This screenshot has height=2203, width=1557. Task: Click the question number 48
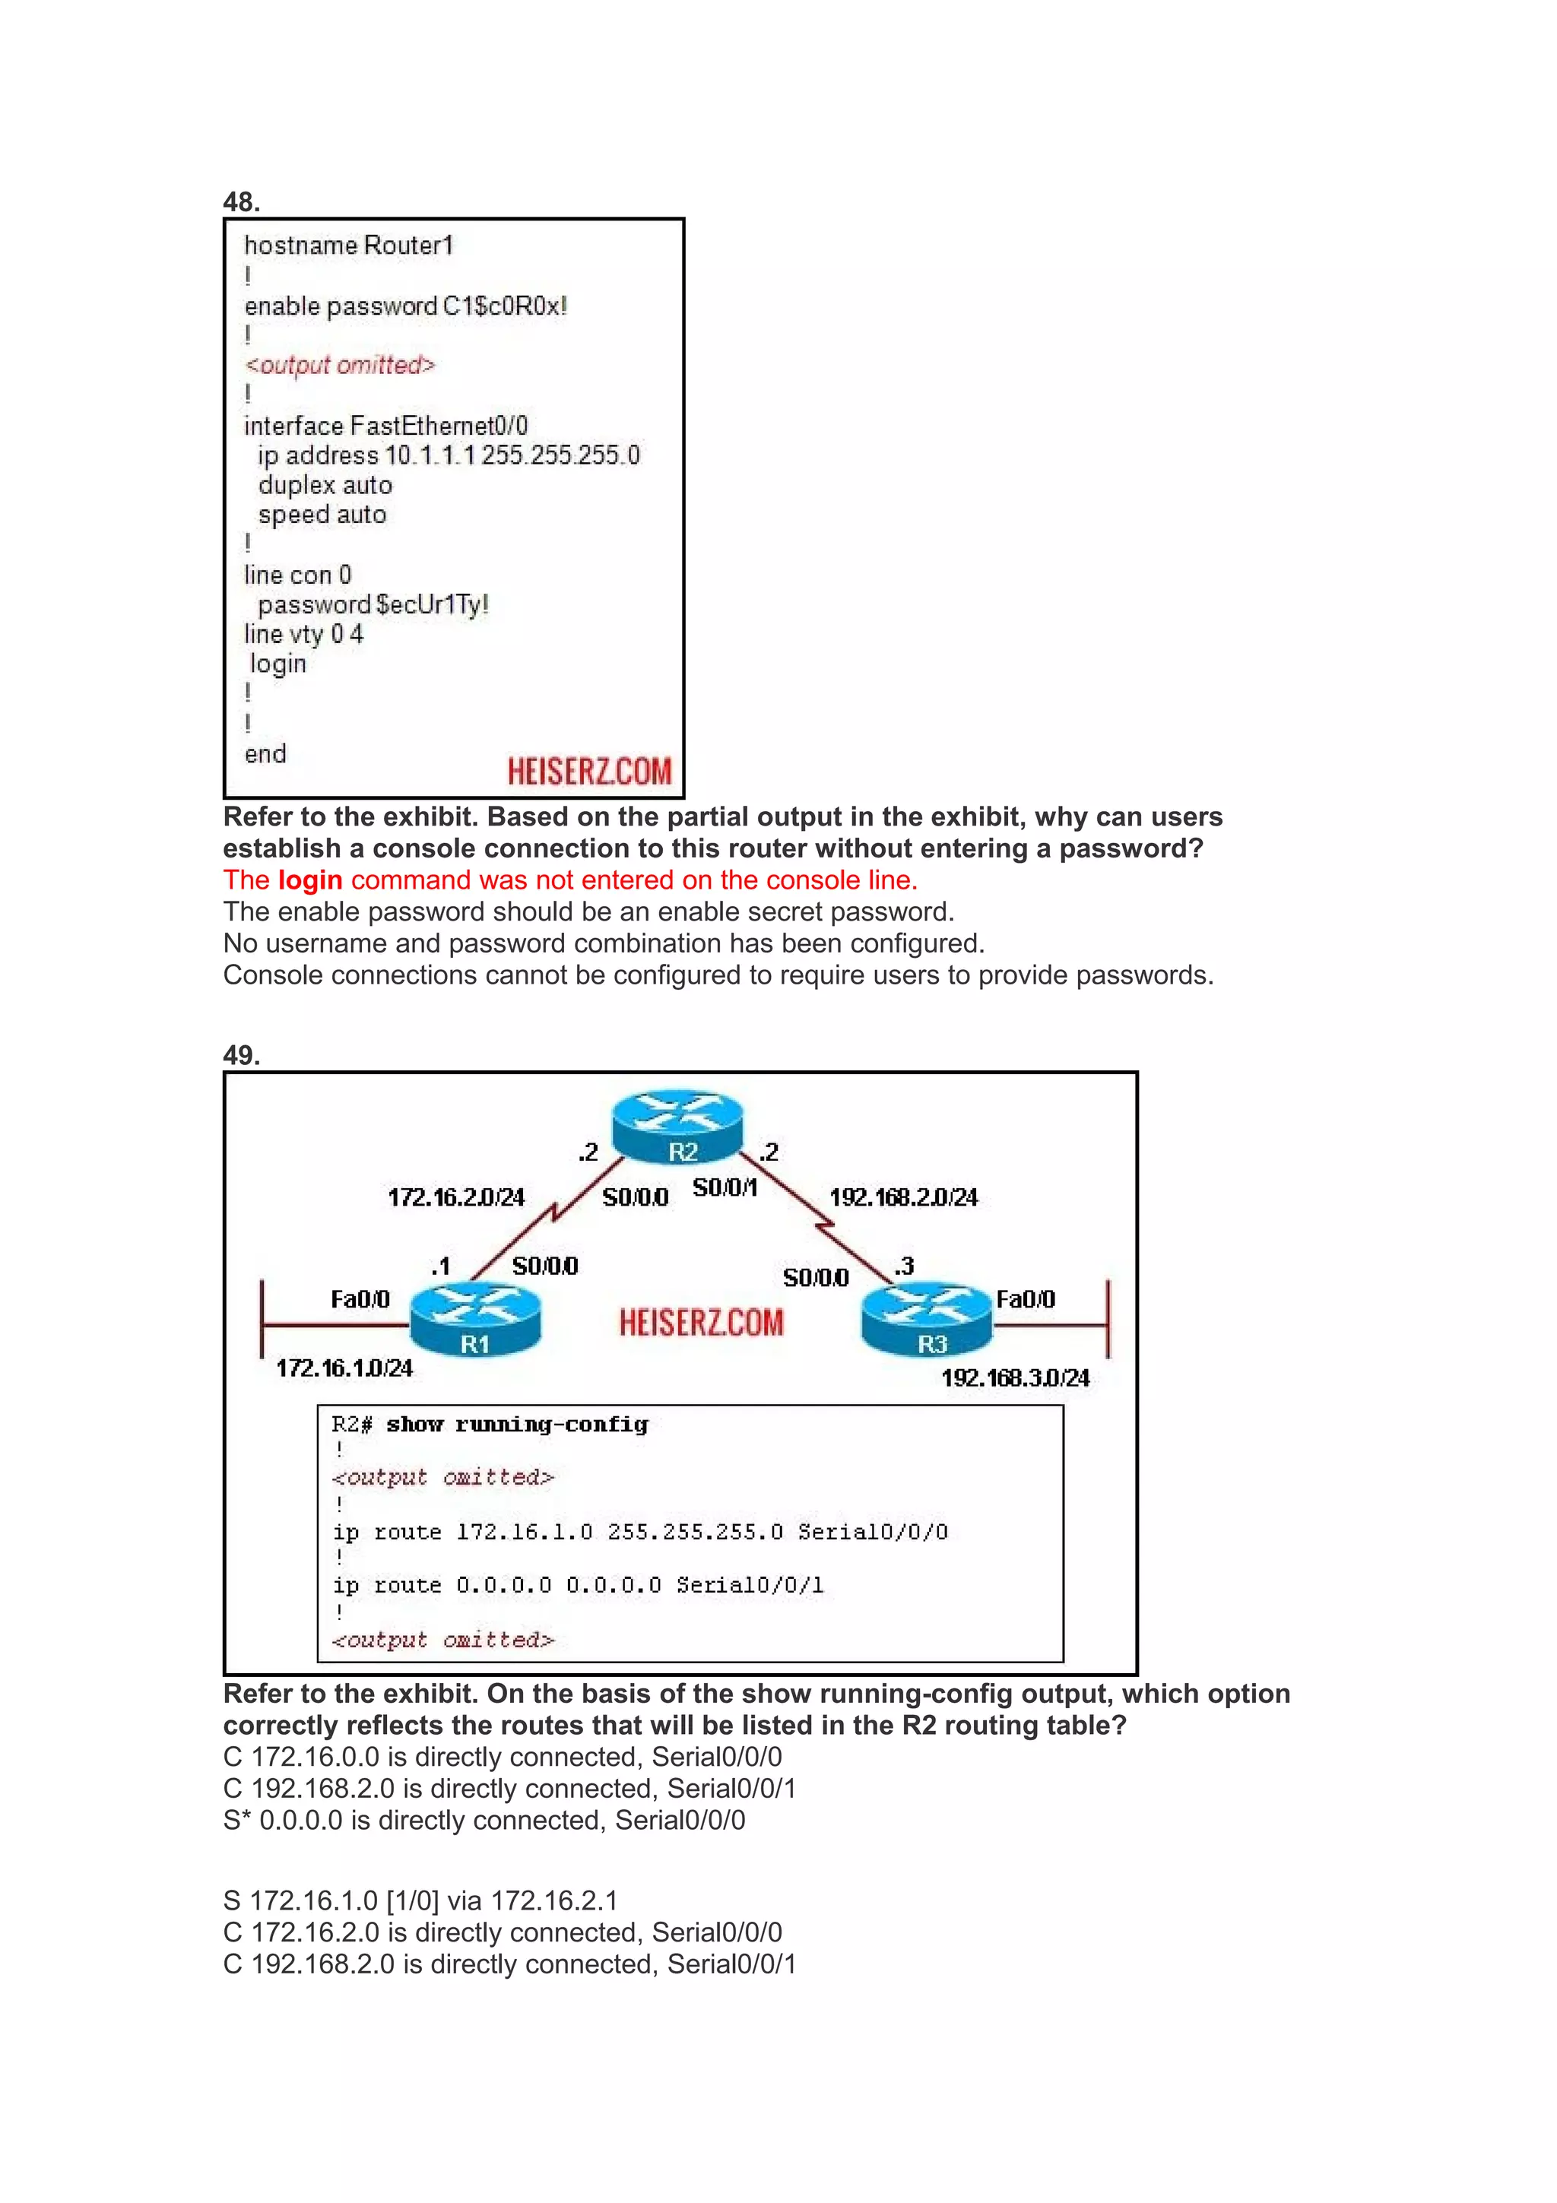click(241, 201)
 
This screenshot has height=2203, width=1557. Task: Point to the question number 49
click(241, 1055)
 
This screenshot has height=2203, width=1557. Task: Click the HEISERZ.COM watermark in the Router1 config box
click(589, 771)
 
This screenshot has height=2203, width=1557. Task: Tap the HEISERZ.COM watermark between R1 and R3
click(701, 1322)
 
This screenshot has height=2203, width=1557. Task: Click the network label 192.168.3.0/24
click(1015, 1378)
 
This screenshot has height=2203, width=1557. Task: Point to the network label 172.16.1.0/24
click(344, 1368)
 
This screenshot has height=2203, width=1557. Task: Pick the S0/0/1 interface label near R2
click(725, 1188)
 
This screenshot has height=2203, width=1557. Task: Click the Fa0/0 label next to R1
click(360, 1299)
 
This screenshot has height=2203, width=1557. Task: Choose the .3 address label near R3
click(904, 1266)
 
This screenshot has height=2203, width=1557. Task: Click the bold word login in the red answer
click(310, 880)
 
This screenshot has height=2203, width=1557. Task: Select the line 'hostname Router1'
click(348, 246)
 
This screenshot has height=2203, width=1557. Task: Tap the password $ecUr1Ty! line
click(373, 604)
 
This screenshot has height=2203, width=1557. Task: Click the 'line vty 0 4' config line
click(303, 634)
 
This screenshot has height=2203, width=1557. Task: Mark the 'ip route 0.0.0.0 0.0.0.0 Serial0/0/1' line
click(578, 1585)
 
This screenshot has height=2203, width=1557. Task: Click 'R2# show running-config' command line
click(490, 1425)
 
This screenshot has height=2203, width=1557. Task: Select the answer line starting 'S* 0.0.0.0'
click(484, 1820)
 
